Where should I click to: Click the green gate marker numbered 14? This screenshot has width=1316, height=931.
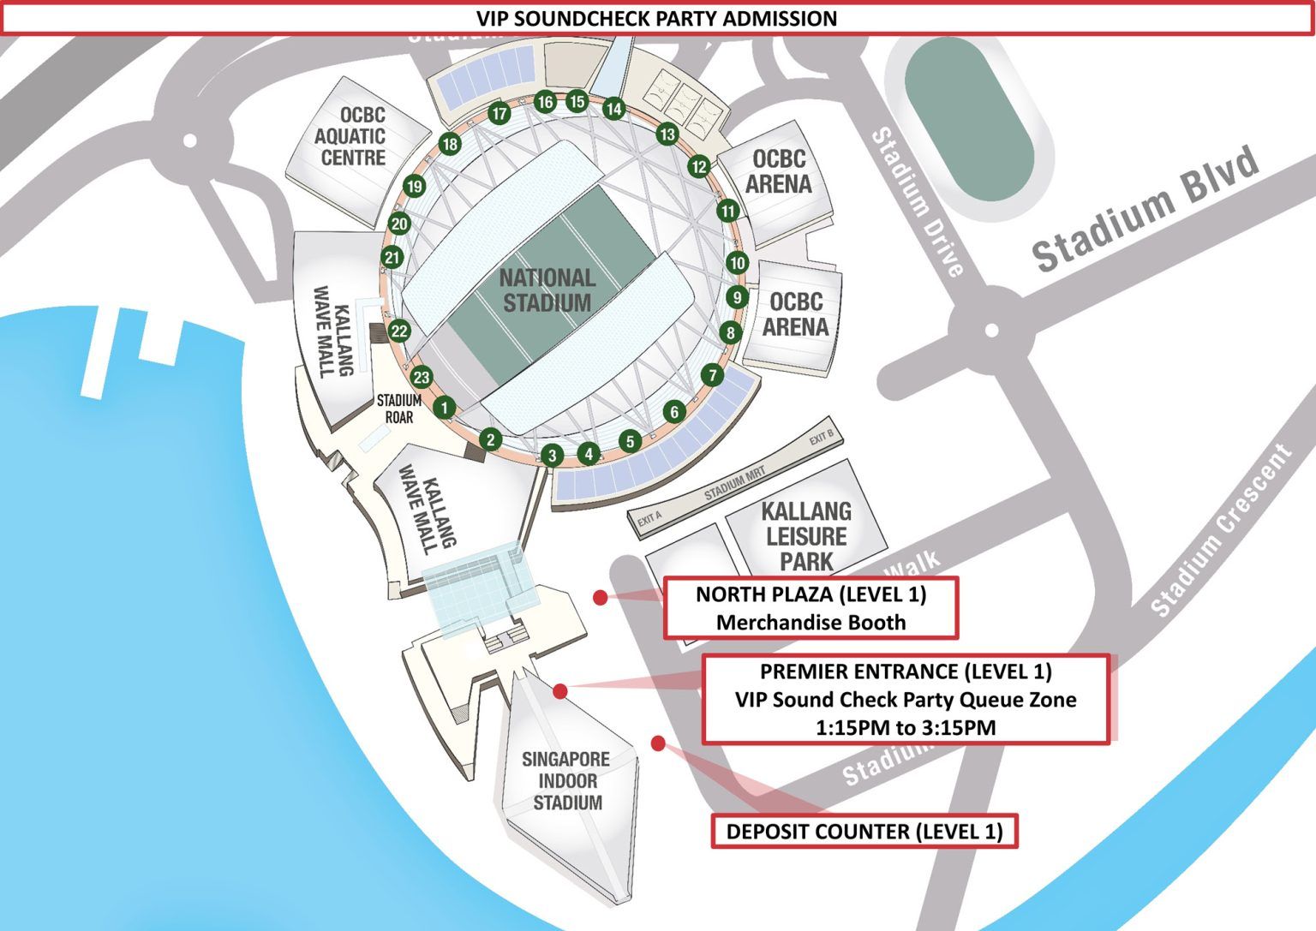tap(613, 109)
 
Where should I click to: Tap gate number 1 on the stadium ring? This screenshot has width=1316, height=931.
tap(444, 408)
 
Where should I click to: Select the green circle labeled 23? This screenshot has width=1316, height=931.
tap(422, 378)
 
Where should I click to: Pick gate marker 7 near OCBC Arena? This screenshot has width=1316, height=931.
tap(712, 375)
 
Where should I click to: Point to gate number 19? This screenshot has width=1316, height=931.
tap(415, 187)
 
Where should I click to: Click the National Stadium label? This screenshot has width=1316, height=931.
tap(547, 290)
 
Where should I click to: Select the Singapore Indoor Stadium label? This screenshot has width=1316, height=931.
tap(566, 781)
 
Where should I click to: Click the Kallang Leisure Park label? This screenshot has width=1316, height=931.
tap(806, 536)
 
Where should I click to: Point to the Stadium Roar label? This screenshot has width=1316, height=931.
tap(398, 409)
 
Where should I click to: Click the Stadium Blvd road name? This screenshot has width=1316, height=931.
tap(1146, 209)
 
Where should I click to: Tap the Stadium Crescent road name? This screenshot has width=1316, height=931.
tap(1221, 531)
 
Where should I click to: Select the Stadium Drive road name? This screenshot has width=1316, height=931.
tap(918, 203)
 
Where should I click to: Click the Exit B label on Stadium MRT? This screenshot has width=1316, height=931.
tap(821, 439)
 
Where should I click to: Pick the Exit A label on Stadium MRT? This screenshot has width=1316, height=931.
tap(649, 517)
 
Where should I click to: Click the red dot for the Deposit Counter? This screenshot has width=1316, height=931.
tap(658, 743)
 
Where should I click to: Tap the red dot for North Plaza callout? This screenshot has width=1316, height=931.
tap(601, 598)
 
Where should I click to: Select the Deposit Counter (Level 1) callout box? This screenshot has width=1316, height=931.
tap(864, 832)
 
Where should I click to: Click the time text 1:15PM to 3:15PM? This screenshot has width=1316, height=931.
tap(906, 728)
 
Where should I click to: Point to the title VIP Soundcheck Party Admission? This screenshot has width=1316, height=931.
tap(657, 18)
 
